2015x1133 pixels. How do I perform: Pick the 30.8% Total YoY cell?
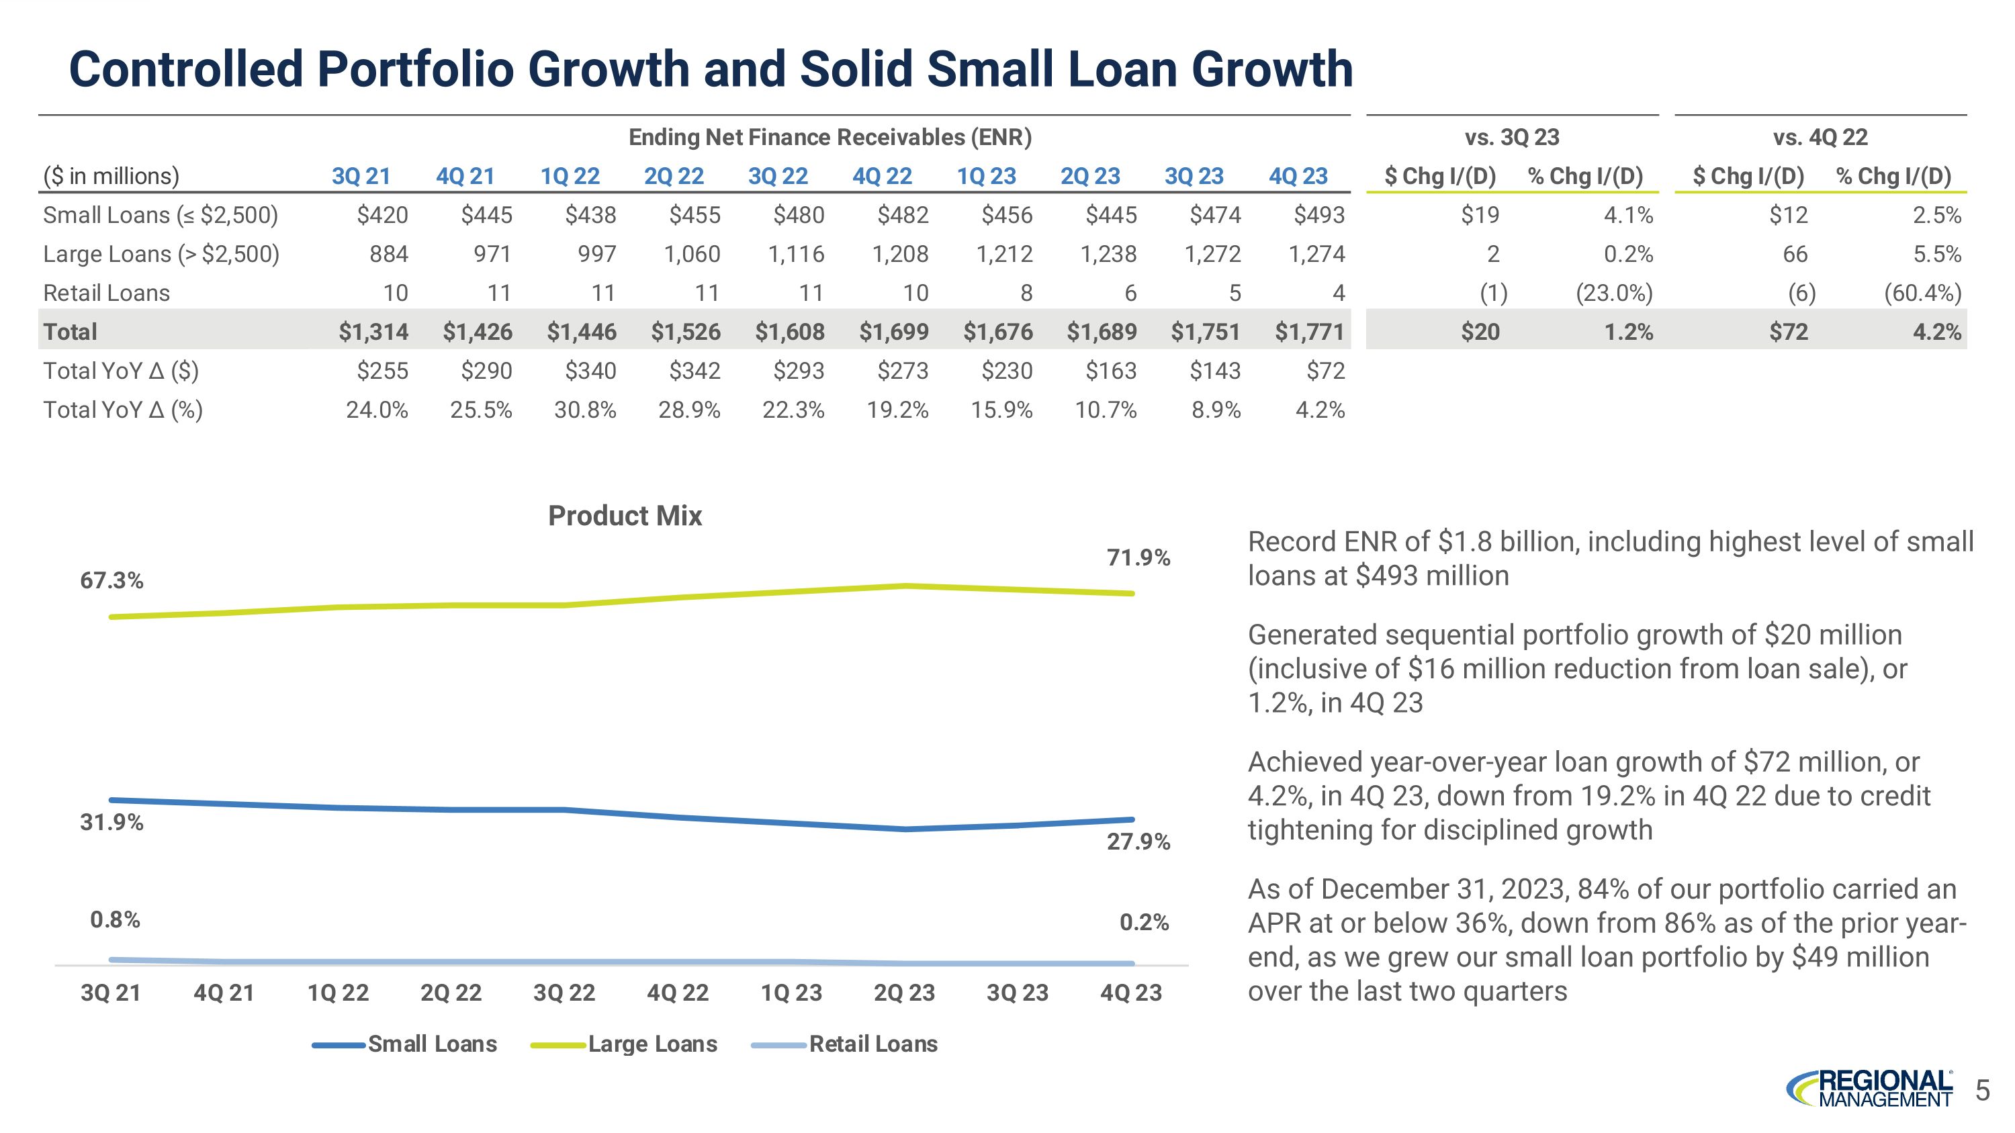[585, 410]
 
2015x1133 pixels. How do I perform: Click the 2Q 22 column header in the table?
[674, 176]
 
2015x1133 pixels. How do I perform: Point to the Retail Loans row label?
[106, 293]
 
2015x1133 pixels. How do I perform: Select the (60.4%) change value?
[1922, 293]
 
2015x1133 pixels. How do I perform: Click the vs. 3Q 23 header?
[1511, 138]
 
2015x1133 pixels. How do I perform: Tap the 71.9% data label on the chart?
[1138, 557]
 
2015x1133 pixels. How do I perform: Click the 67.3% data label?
[112, 580]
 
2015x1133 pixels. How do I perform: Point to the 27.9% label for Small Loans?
[1138, 842]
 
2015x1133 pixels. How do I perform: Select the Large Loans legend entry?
[652, 1044]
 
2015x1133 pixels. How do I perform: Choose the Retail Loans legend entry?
[872, 1044]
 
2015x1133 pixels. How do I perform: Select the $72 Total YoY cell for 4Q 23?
[1325, 371]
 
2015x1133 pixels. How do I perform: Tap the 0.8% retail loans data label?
[115, 919]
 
